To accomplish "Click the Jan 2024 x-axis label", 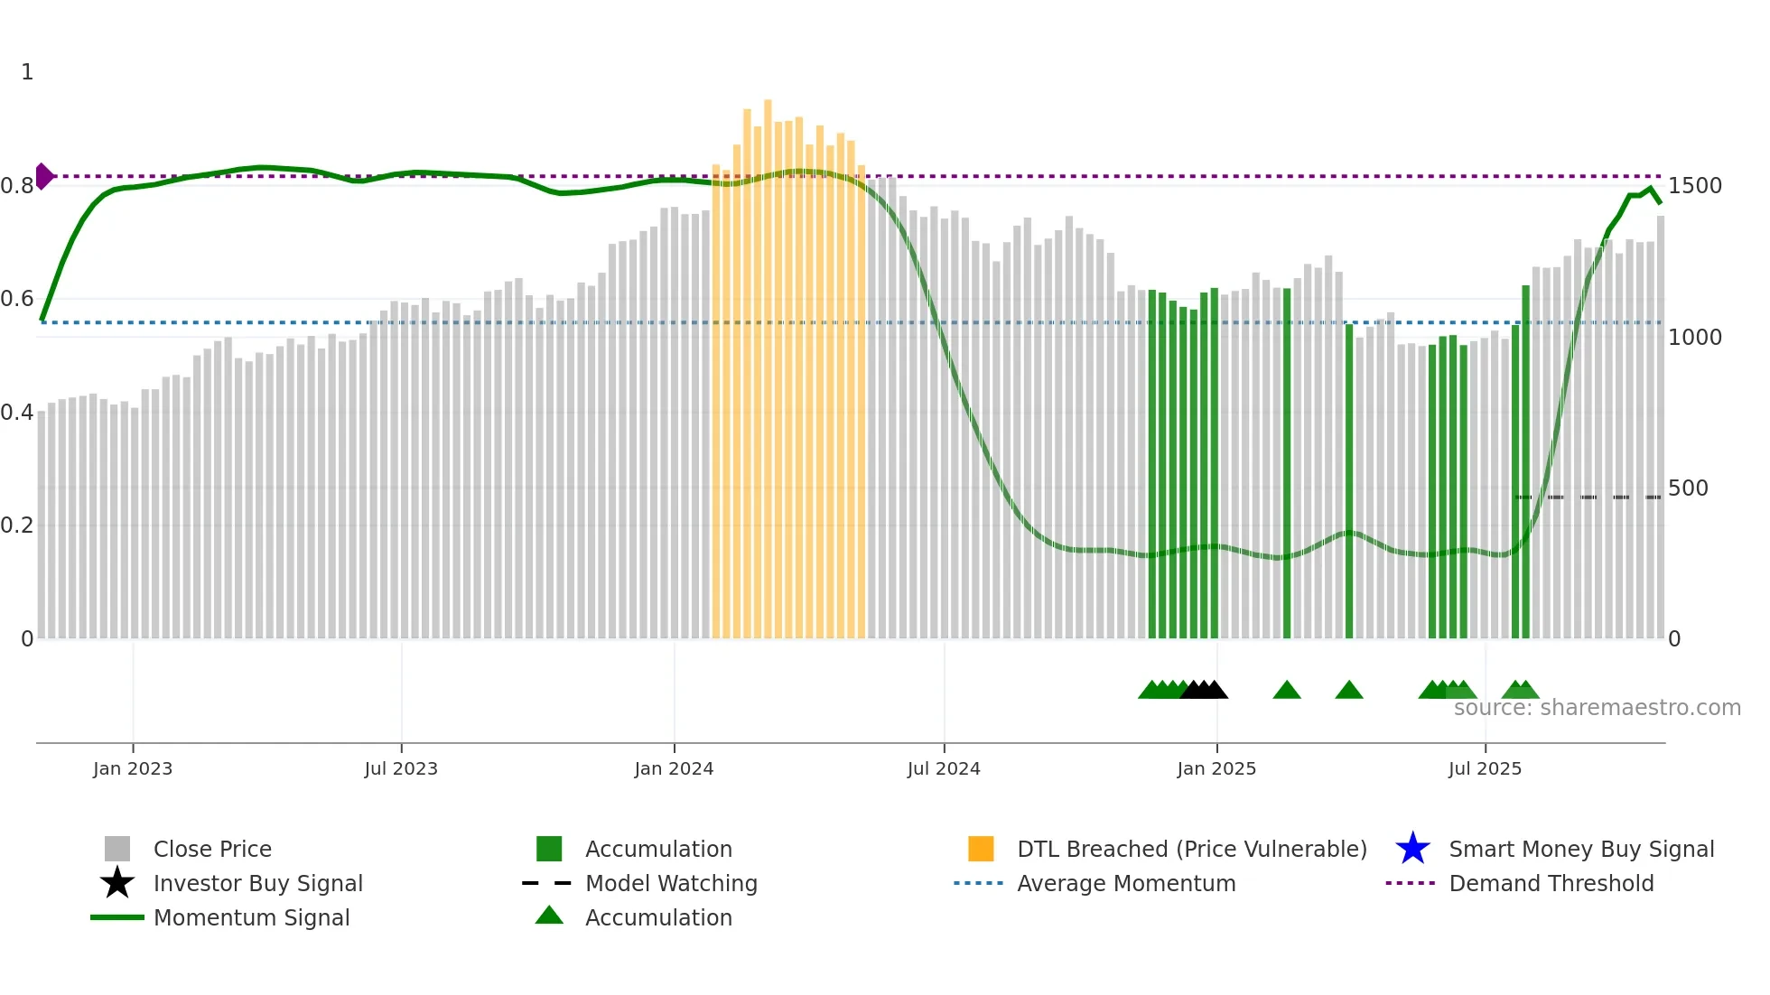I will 674,768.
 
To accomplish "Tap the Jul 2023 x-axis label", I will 401,768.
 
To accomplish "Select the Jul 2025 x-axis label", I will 1485,768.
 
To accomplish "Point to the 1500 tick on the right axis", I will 1694,186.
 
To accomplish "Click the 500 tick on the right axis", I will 1687,488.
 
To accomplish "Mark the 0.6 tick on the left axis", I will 17,299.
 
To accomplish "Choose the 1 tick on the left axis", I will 27,72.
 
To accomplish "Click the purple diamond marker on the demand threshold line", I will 43,176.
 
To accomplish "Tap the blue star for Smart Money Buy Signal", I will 1412,849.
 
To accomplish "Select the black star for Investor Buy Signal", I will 117,883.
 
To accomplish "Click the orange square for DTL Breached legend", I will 981,849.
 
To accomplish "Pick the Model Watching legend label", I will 671,883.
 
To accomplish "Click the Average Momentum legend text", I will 1126,883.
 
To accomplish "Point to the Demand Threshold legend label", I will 1551,883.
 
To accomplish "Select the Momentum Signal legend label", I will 251,917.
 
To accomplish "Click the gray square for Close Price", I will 117,849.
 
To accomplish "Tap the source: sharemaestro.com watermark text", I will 1597,708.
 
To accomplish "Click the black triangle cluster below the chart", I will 1204,690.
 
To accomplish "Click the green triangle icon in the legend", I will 549,916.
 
